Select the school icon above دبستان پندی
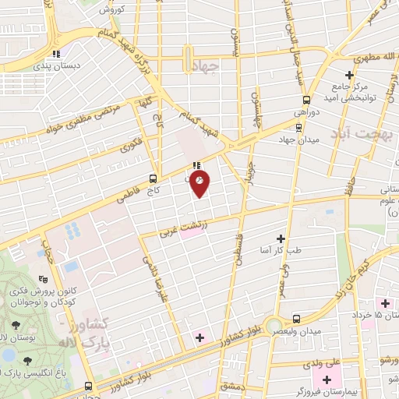point(55,54)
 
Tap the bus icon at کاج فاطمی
point(160,177)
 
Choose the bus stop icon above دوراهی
point(305,100)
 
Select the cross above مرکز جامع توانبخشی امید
point(371,75)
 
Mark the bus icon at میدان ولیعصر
point(297,319)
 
